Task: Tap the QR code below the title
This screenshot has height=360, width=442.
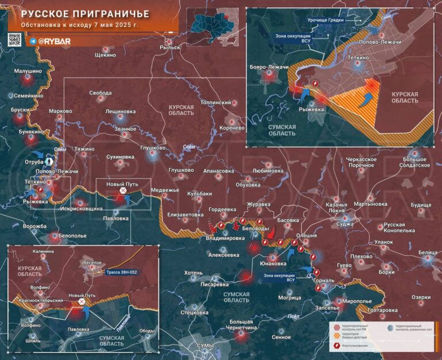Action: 15,40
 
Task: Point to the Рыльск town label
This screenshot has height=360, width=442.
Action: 170,48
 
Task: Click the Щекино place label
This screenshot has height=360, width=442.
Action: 105,55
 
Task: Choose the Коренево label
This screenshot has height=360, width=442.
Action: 233,128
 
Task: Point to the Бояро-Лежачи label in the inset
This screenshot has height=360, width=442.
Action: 269,67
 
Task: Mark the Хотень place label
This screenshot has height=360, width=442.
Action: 193,273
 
